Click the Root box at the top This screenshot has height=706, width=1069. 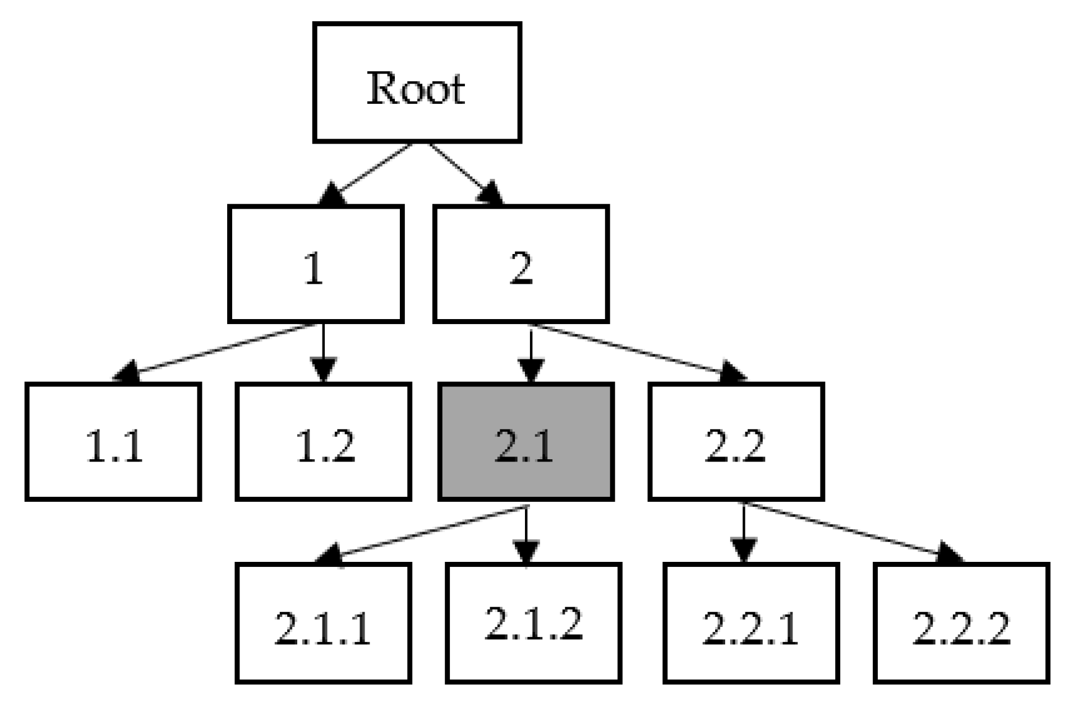[417, 82]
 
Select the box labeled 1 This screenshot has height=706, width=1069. [316, 264]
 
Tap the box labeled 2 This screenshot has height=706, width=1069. [521, 264]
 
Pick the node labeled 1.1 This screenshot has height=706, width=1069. [113, 442]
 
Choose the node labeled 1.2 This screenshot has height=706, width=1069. [324, 442]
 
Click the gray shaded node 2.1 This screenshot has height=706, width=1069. [526, 442]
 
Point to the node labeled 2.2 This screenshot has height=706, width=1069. [736, 442]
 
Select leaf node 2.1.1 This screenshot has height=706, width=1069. [324, 623]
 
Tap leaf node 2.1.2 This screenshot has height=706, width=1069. [533, 623]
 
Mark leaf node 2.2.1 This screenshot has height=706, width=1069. [751, 623]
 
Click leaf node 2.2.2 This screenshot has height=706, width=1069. [961, 623]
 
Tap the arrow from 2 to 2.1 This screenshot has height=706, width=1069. [531, 350]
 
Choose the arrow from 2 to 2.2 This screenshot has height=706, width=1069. [634, 350]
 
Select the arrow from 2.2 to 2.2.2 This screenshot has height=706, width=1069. [847, 530]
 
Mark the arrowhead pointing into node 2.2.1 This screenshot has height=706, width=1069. [744, 550]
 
